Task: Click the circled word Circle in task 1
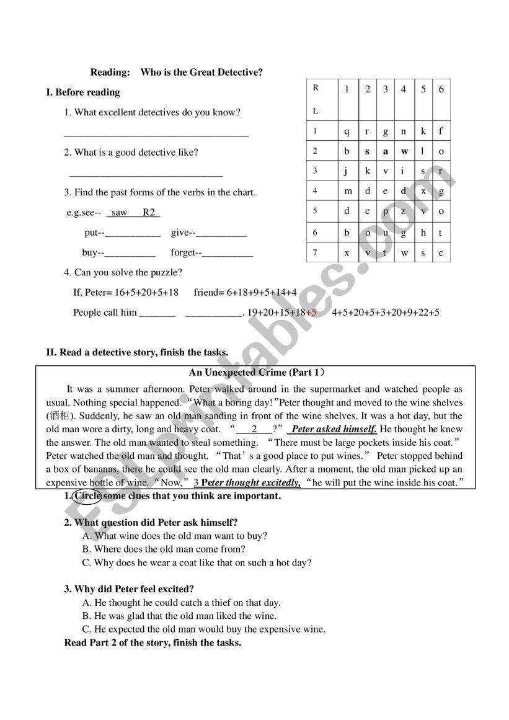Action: (87, 496)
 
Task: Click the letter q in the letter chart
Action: (347, 131)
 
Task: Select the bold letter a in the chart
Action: (385, 151)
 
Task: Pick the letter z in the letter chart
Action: (404, 211)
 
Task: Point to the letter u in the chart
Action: (385, 233)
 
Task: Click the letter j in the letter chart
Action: (347, 171)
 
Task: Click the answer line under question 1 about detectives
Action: (156, 134)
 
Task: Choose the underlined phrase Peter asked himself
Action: (334, 429)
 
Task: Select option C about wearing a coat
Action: (197, 563)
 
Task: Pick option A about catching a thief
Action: (181, 603)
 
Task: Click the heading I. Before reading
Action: (83, 92)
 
